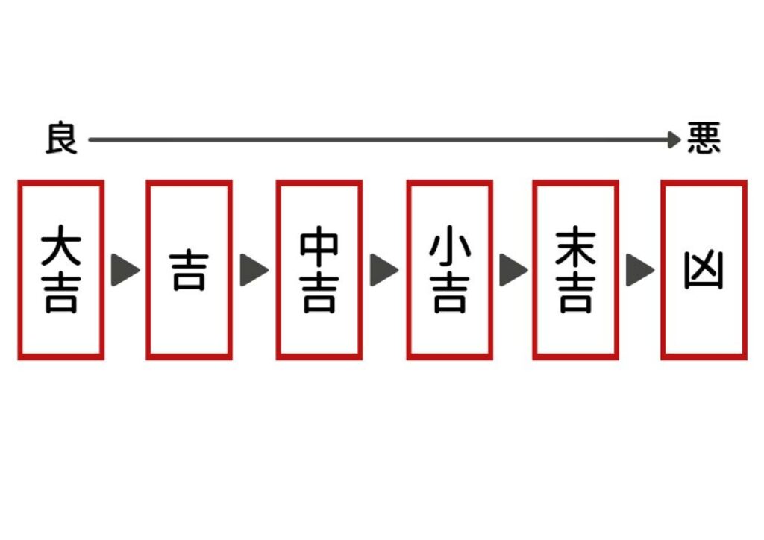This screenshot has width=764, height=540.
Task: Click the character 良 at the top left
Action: pyautogui.click(x=61, y=139)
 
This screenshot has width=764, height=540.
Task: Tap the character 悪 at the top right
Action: pyautogui.click(x=704, y=139)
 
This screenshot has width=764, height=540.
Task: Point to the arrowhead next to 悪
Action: pyautogui.click(x=674, y=139)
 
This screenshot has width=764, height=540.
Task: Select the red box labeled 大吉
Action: pyautogui.click(x=60, y=269)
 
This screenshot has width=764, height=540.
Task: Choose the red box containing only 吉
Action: pyautogui.click(x=190, y=269)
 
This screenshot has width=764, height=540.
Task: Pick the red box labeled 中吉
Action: pyautogui.click(x=319, y=269)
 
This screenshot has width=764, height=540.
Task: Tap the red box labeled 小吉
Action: pyautogui.click(x=449, y=269)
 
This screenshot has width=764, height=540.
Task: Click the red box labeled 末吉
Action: pyautogui.click(x=575, y=269)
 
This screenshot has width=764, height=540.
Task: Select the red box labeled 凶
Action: pyautogui.click(x=704, y=269)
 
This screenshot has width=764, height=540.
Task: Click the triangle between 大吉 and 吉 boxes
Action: pyautogui.click(x=125, y=270)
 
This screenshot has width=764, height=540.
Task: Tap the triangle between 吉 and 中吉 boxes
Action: pyautogui.click(x=254, y=270)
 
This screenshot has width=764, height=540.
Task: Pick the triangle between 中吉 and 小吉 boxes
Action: pyautogui.click(x=383, y=270)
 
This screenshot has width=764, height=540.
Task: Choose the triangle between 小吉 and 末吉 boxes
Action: pyautogui.click(x=513, y=270)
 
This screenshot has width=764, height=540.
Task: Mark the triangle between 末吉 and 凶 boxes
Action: pyautogui.click(x=639, y=270)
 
